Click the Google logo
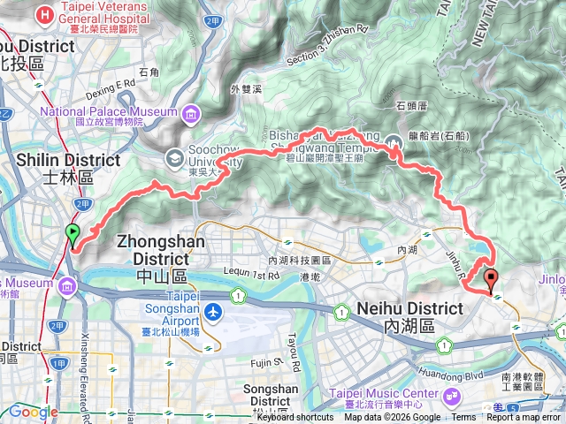[x=33, y=412]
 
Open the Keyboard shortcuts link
[x=295, y=418]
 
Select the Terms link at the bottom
[x=463, y=418]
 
